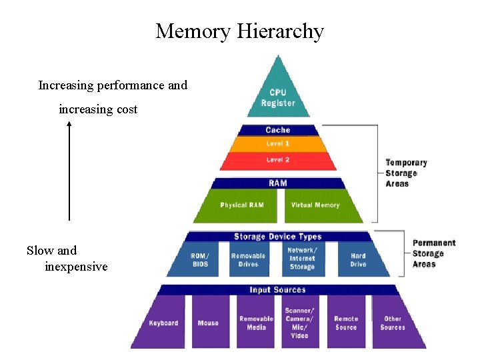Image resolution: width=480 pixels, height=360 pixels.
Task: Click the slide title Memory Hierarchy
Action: (x=239, y=31)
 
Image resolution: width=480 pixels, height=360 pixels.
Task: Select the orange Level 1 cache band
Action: (x=278, y=144)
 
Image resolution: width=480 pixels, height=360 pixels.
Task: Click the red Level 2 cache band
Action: (x=278, y=160)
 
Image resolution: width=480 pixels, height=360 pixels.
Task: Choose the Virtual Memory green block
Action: (x=316, y=205)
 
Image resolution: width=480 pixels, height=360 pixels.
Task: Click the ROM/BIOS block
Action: (x=199, y=260)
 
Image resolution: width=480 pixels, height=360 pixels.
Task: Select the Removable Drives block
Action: (x=248, y=260)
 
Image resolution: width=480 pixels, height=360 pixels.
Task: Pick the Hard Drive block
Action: (x=358, y=260)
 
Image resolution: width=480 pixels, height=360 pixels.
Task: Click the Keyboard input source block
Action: (x=164, y=323)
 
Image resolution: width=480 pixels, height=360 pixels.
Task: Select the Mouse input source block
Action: (x=208, y=323)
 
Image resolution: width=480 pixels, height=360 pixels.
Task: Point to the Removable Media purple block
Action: (x=256, y=323)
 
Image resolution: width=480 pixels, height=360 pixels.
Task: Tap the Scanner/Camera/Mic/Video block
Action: (x=300, y=323)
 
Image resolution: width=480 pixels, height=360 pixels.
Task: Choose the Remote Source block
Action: (x=346, y=323)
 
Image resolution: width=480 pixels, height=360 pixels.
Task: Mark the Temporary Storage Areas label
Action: (x=406, y=173)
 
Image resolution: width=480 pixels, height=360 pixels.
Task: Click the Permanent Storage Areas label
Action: (x=434, y=253)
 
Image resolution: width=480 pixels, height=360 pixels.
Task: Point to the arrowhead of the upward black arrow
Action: (x=69, y=125)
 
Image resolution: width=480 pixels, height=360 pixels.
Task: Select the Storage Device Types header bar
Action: (x=278, y=237)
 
